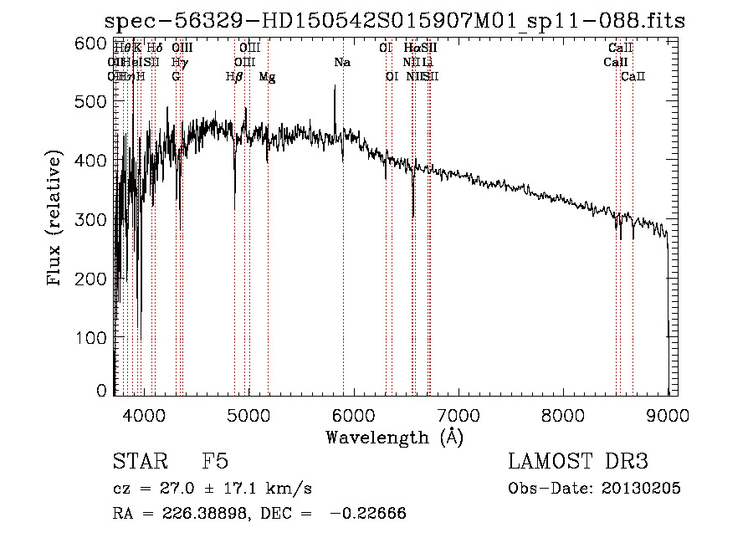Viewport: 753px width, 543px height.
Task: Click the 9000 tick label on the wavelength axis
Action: point(668,413)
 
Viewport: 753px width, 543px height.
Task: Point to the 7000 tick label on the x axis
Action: point(458,413)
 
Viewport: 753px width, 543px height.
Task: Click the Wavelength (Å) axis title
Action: point(394,437)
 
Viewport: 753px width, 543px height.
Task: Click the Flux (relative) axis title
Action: point(56,219)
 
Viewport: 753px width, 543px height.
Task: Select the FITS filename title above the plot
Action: point(394,21)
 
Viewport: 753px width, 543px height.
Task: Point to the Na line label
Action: point(342,62)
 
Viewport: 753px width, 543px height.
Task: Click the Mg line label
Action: point(267,77)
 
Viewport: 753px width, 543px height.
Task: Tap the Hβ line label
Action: point(235,77)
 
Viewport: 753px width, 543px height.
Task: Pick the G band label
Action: point(177,77)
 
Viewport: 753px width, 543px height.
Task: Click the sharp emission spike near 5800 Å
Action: point(335,87)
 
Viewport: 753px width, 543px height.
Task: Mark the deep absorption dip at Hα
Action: point(413,213)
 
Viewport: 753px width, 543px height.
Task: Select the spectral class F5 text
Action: point(215,462)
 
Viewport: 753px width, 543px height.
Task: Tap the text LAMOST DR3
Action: point(578,462)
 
